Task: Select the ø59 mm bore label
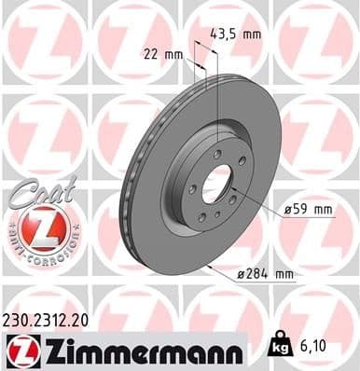coord(309,210)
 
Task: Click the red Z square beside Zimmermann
coord(20,350)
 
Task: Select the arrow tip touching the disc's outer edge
coord(214,267)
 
